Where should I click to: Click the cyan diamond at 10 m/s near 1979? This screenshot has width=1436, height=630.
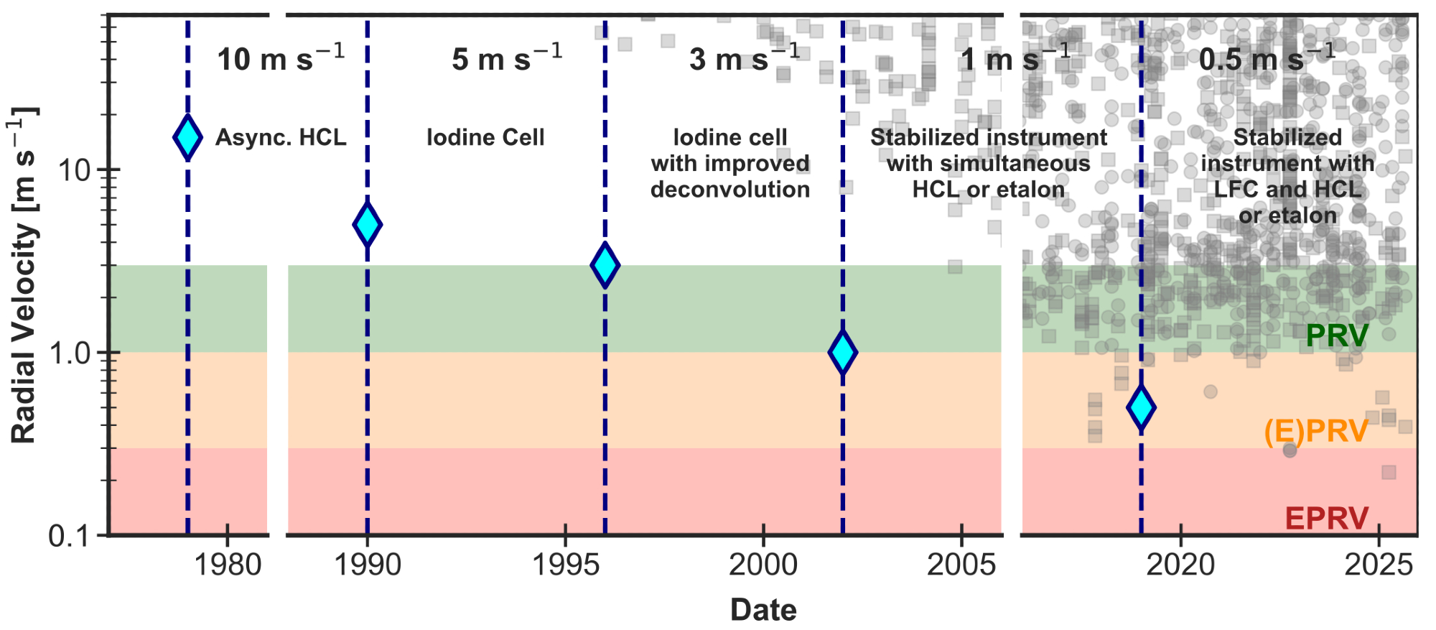[187, 137]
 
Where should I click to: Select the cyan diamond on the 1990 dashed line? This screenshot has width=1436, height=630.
[367, 225]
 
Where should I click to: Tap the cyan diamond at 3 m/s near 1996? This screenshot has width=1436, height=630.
[605, 265]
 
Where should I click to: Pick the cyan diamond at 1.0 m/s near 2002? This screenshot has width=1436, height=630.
[842, 352]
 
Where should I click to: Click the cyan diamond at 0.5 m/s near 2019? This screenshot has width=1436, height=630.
[1141, 407]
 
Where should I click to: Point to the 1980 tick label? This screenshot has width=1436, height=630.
[228, 565]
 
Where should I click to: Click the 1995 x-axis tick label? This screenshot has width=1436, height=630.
[567, 565]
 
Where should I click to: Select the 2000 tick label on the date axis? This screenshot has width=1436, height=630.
[763, 565]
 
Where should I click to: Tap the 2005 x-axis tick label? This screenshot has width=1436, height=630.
[961, 565]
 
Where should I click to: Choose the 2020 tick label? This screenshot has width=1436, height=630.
[1180, 565]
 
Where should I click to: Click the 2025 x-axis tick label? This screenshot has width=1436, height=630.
[1379, 565]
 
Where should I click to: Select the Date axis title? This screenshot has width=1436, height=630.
[763, 610]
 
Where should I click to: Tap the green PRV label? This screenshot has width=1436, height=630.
[1337, 335]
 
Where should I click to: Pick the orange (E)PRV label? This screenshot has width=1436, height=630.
[1316, 431]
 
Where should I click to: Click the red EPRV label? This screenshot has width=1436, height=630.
[1326, 518]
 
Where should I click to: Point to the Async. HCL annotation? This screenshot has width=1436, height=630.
[281, 137]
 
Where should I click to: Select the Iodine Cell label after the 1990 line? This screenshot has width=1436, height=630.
[485, 137]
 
